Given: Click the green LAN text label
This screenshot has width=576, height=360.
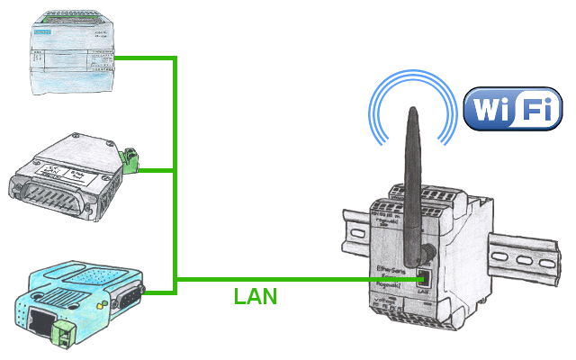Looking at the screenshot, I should tap(256, 296).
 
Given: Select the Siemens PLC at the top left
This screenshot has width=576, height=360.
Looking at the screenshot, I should tap(71, 51).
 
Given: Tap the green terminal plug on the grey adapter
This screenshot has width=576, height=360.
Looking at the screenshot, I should tap(134, 161).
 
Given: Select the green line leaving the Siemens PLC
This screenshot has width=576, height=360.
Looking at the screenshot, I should tap(144, 58).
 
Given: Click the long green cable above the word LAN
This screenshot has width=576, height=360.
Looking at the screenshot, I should tap(297, 280).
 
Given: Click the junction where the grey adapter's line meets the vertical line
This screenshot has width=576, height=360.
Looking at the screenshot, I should tap(175, 169).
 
